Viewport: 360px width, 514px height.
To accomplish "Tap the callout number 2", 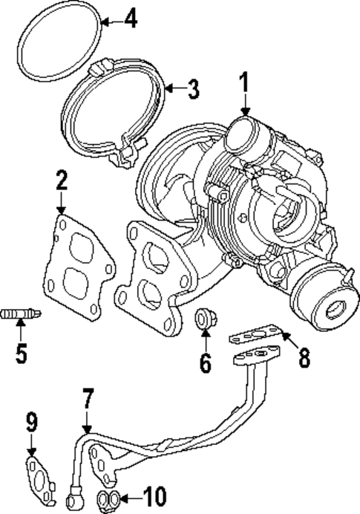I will pyautogui.click(x=62, y=181).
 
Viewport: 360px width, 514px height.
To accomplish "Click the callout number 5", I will pyautogui.click(x=21, y=351).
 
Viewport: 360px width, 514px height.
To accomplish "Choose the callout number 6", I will pyautogui.click(x=205, y=363).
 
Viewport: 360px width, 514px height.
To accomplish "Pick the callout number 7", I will pyautogui.click(x=88, y=400).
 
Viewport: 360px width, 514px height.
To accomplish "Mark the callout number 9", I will pyautogui.click(x=32, y=423).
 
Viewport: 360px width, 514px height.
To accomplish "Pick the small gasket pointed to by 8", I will pyautogui.click(x=252, y=339).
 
